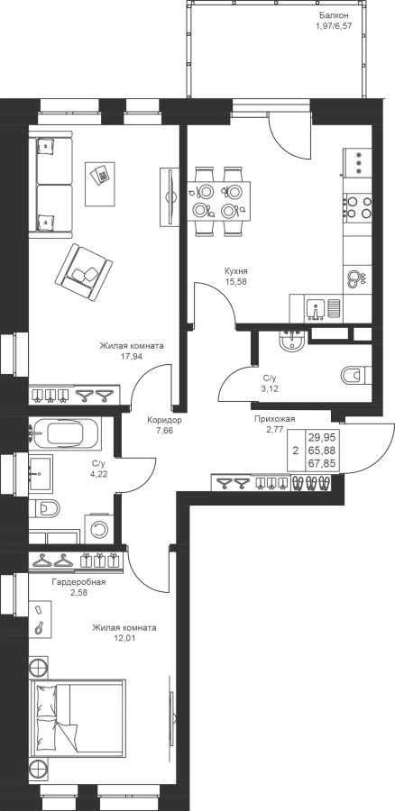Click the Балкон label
pos(330,15)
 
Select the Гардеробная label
pos(78,582)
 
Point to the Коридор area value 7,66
pos(164,429)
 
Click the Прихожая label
pos(274,419)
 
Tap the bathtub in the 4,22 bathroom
pos(66,433)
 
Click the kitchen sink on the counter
pos(315,309)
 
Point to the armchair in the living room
pos(83,271)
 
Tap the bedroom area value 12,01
pos(124,638)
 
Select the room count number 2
pos(296,451)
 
